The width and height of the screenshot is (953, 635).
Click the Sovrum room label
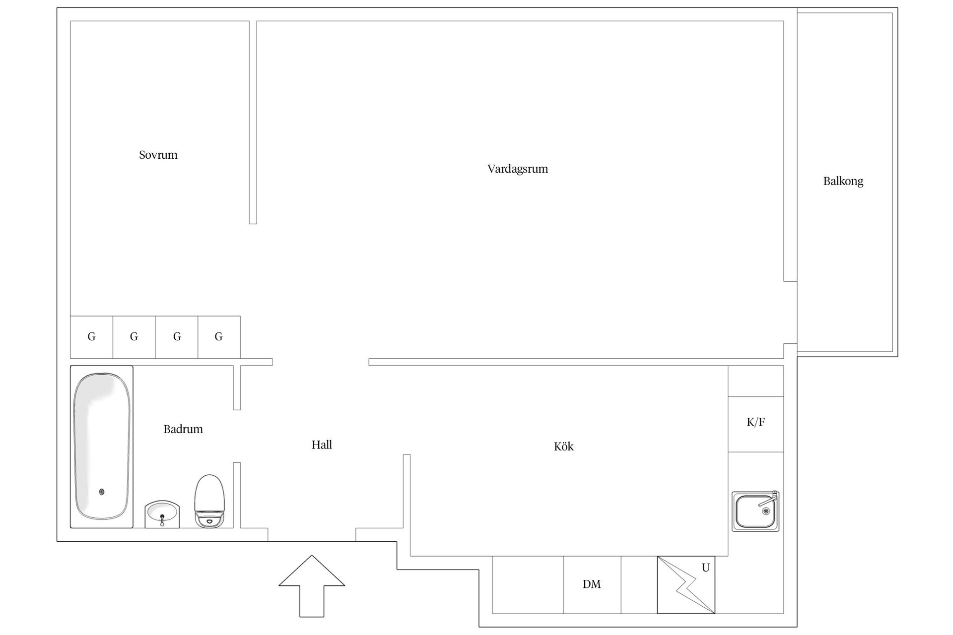158,155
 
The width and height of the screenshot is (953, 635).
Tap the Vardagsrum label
518,169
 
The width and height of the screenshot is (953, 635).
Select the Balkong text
843,181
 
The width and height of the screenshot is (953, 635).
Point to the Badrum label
183,429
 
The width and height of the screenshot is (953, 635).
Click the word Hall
322,445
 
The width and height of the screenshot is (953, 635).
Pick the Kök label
563,446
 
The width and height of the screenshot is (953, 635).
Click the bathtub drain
102,492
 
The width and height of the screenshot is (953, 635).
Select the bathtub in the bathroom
102,447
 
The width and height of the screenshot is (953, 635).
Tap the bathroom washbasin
162,514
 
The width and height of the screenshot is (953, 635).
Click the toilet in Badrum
209,501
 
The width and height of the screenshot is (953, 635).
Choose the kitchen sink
755,511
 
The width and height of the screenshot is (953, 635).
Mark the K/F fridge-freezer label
755,422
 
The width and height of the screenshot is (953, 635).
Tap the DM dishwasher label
592,584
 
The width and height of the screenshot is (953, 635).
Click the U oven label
705,568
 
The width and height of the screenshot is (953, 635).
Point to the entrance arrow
312,586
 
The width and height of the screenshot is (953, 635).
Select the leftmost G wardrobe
92,337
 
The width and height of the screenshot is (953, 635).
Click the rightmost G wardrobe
219,337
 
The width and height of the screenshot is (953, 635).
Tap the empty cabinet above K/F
755,381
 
